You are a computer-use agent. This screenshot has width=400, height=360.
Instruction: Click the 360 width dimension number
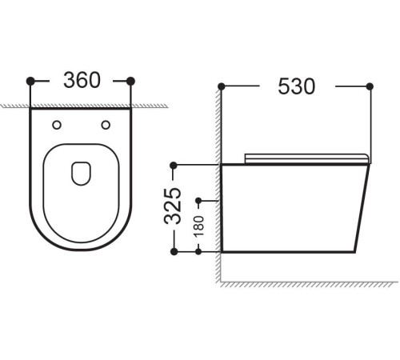click(81, 80)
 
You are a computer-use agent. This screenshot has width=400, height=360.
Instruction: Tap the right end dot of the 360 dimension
click(131, 80)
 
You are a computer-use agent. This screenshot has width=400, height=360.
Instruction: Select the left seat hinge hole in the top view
click(56, 123)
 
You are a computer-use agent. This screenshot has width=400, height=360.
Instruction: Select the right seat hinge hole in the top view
click(106, 123)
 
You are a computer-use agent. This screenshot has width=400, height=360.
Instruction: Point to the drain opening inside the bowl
click(81, 173)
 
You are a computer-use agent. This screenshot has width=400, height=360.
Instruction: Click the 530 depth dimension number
click(295, 85)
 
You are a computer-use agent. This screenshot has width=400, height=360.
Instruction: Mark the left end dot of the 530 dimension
click(222, 85)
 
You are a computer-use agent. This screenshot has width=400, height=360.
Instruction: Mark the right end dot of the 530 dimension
click(370, 85)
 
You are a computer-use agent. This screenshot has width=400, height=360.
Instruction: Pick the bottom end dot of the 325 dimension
click(174, 251)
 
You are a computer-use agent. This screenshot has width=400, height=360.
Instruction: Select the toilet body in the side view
click(292, 208)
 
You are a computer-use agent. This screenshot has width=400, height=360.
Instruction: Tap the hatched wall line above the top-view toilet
click(80, 105)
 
